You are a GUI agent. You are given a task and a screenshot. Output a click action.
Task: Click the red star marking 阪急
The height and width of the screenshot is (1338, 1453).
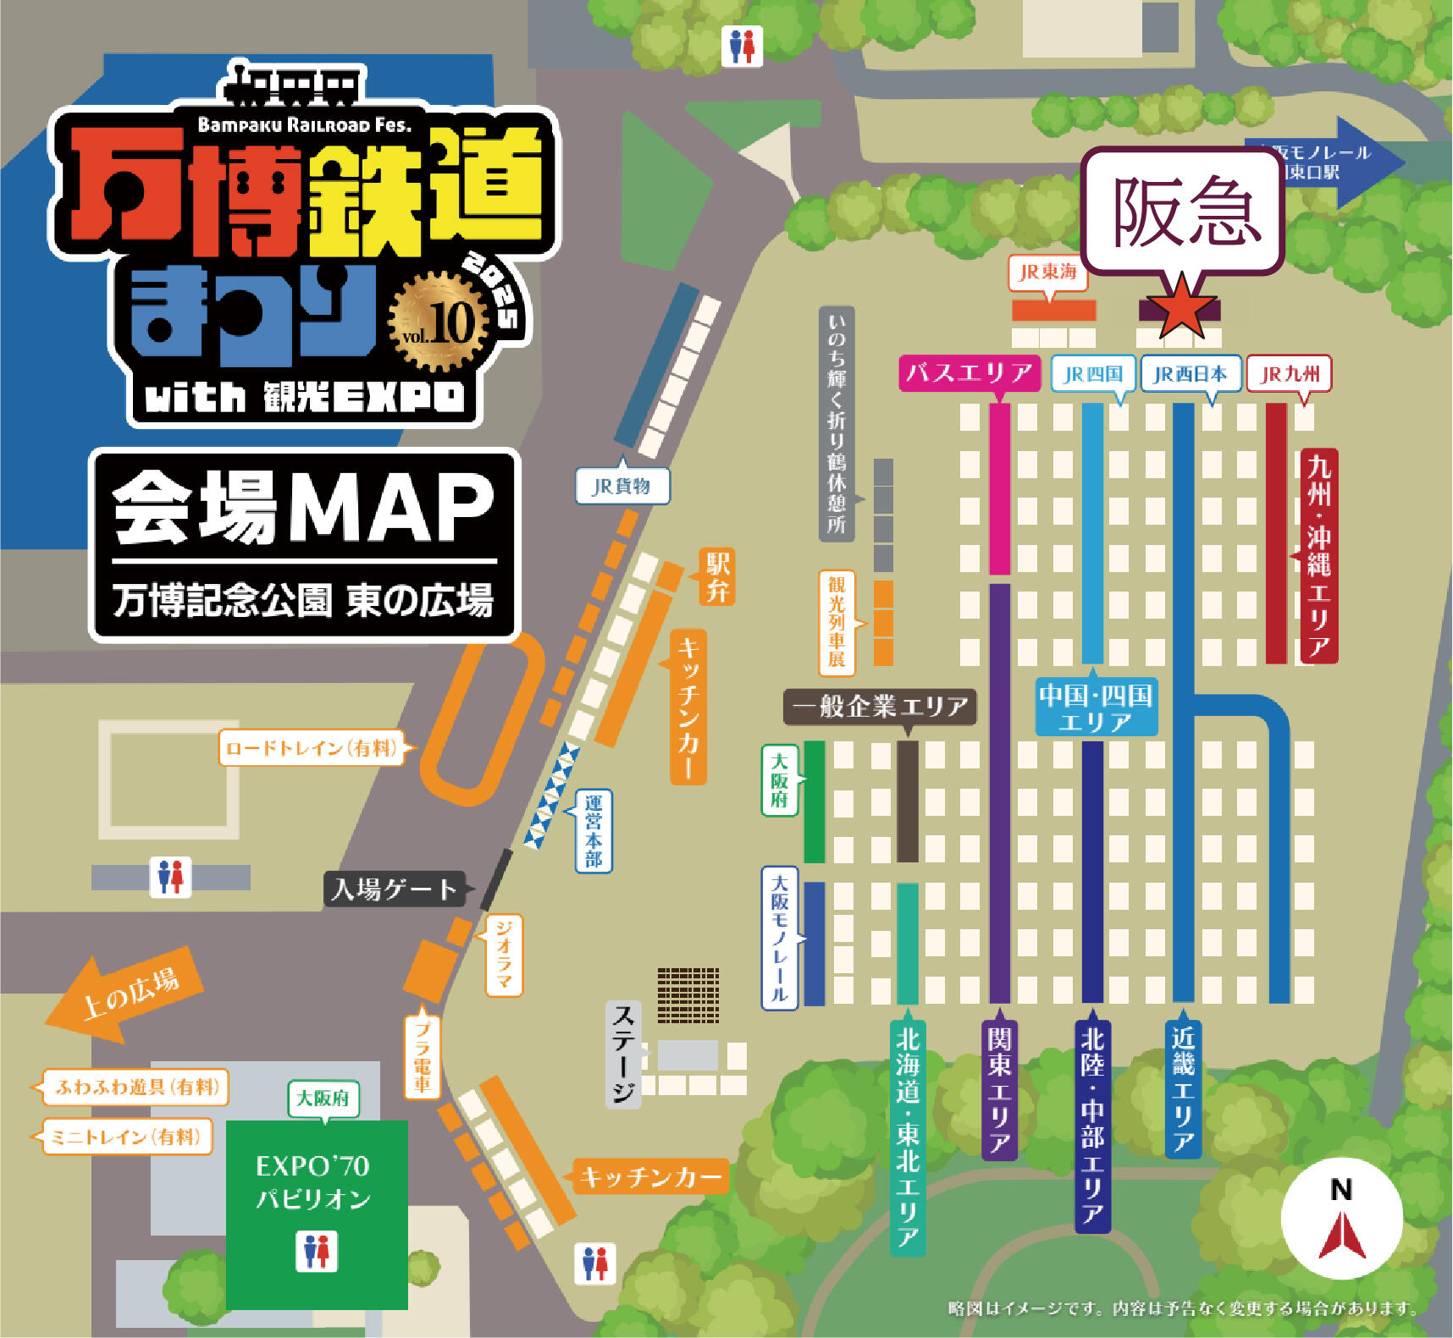(1180, 306)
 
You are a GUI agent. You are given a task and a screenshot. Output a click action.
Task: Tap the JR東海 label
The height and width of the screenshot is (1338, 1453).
(1047, 272)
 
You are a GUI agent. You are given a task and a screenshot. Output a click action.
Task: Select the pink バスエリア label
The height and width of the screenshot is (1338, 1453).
(970, 372)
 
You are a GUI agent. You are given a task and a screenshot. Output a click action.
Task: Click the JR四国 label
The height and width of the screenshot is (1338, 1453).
(1092, 373)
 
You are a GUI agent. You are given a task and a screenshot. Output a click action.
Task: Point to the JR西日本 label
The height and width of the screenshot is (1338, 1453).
(1190, 373)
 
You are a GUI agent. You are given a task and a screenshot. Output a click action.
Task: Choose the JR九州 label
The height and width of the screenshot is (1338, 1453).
(1289, 373)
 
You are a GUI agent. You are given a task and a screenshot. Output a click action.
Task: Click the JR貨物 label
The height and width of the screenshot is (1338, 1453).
(622, 486)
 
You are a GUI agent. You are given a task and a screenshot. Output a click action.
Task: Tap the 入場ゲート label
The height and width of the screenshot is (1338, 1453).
(395, 889)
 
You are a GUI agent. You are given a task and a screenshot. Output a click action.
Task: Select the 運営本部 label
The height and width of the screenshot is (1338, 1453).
(594, 831)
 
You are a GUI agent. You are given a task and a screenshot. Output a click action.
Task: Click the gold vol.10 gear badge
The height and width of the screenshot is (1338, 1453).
(439, 322)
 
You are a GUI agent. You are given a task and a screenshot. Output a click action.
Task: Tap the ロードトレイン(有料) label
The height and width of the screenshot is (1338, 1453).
(311, 747)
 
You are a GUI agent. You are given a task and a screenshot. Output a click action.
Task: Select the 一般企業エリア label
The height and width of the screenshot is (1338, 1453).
(880, 706)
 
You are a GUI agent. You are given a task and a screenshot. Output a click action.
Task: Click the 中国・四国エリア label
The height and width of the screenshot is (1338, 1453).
(1096, 708)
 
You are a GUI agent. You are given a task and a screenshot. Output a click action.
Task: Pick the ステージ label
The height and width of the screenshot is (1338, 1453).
(623, 1054)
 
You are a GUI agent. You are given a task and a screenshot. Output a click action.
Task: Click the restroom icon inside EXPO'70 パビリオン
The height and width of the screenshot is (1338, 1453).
(317, 1251)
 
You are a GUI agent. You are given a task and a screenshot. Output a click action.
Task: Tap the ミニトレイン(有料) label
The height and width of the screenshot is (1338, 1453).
(125, 1137)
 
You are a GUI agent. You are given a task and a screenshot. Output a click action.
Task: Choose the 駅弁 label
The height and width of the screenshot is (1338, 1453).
(717, 576)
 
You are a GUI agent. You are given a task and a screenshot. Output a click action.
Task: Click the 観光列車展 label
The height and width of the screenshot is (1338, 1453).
(837, 622)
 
